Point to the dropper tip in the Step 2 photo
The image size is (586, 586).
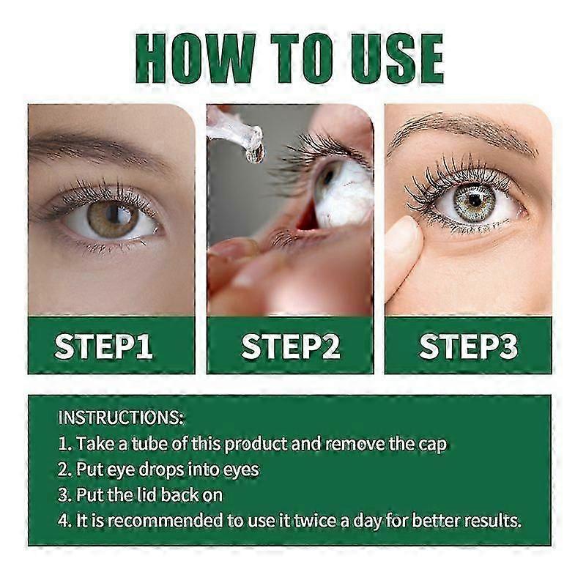pyautogui.click(x=254, y=152)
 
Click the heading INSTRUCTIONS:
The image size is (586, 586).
pyautogui.click(x=121, y=418)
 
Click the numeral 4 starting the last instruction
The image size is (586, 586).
pyautogui.click(x=63, y=521)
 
